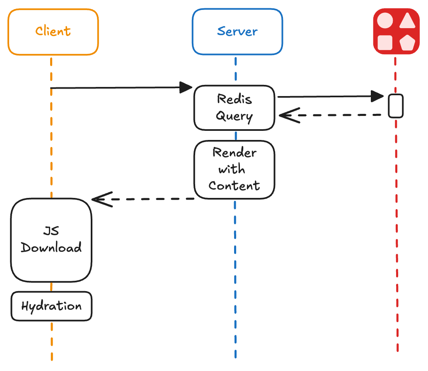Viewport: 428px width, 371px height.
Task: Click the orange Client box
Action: (53, 32)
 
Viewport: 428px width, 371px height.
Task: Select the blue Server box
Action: (237, 32)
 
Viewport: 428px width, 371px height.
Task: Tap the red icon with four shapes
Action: (396, 31)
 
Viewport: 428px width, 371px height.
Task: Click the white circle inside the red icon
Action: (385, 20)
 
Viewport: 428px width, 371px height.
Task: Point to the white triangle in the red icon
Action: (407, 21)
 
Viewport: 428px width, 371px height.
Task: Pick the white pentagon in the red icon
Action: (407, 42)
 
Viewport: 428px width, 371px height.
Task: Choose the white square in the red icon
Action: (385, 42)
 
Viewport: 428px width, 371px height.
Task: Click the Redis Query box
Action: (235, 108)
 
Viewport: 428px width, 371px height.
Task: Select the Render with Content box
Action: (235, 169)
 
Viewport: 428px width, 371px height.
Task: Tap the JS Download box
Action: (51, 240)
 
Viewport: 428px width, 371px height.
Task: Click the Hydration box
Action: (51, 306)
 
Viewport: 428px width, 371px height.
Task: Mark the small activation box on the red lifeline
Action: (396, 106)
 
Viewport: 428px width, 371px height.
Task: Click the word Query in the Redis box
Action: (235, 116)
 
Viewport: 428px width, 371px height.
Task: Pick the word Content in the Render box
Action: (235, 185)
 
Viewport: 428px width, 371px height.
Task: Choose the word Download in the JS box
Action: (51, 248)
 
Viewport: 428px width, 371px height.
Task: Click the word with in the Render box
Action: (232, 169)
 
